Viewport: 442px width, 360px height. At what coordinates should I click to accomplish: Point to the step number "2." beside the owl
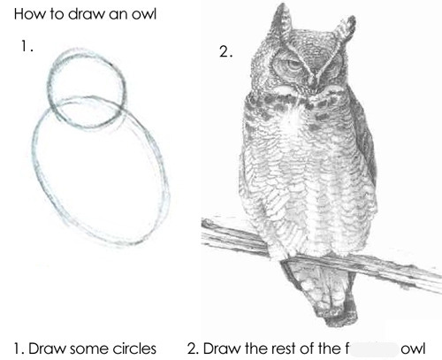pos(225,52)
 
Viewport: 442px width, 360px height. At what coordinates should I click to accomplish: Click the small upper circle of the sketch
pos(86,84)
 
